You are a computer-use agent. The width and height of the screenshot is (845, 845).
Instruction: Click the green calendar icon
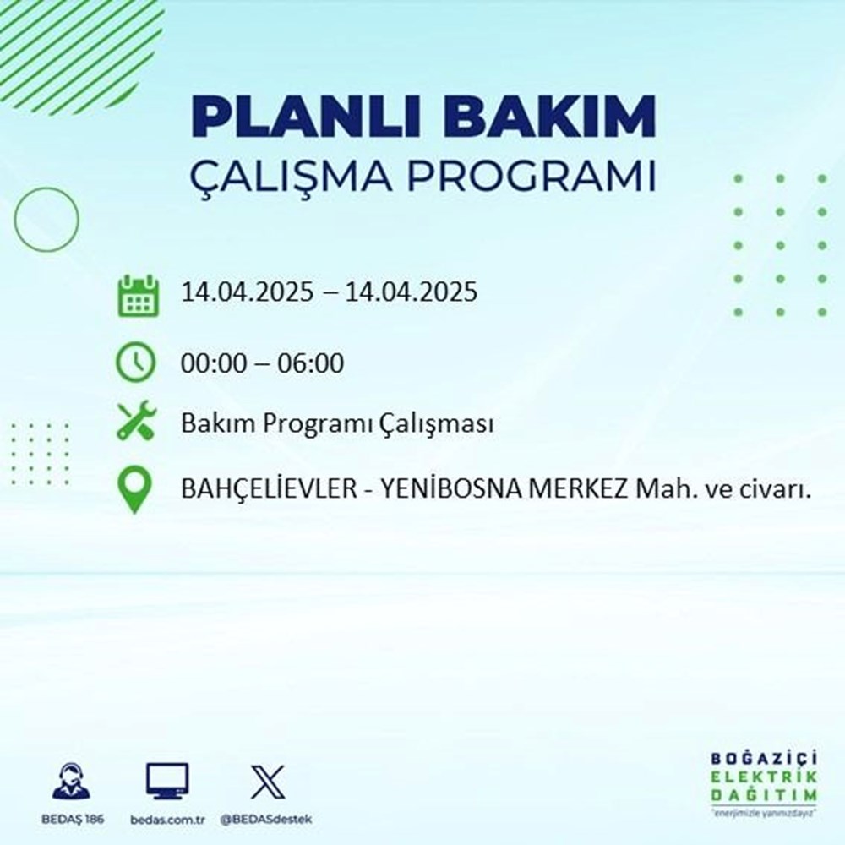(x=136, y=295)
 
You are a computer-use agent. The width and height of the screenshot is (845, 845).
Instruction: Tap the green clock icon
(x=136, y=364)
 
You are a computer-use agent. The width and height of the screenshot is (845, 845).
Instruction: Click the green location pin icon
(x=136, y=490)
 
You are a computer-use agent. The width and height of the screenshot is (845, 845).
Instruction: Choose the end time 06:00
(x=313, y=364)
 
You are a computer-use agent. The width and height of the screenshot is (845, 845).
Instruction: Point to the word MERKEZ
(x=582, y=492)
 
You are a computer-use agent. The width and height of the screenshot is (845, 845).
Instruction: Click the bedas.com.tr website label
(x=167, y=820)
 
